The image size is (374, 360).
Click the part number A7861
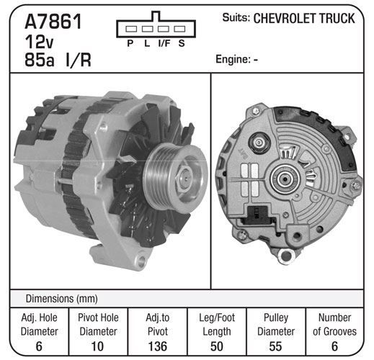[x=53, y=22]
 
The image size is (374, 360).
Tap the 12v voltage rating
[x=39, y=42]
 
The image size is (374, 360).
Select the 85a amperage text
[x=40, y=60]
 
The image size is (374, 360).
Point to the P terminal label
[x=130, y=43]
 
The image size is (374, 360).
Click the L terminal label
[x=147, y=43]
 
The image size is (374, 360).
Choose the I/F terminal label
[x=164, y=43]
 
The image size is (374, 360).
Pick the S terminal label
[x=182, y=43]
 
